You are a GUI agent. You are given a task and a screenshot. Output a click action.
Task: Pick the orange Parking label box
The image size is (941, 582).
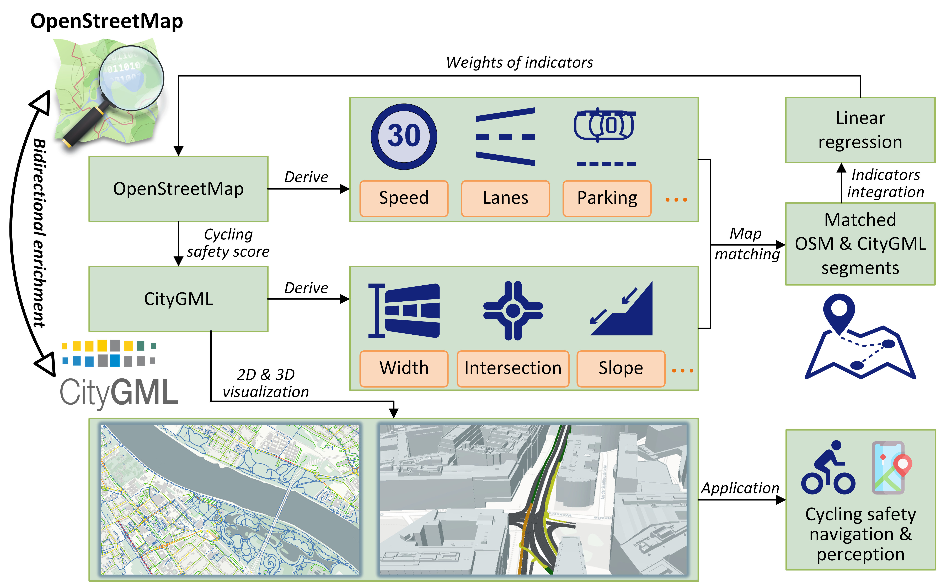pyautogui.click(x=607, y=198)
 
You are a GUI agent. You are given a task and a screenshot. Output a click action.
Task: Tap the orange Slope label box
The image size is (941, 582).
pyautogui.click(x=621, y=368)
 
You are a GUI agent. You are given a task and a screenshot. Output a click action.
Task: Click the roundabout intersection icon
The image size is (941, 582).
pyautogui.click(x=513, y=311)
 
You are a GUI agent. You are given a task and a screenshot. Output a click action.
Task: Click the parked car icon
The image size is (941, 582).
pyautogui.click(x=605, y=125)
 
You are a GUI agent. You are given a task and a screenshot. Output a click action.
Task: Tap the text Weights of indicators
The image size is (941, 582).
pyautogui.click(x=519, y=62)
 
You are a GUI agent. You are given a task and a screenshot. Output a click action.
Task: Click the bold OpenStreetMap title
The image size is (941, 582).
pyautogui.click(x=107, y=21)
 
